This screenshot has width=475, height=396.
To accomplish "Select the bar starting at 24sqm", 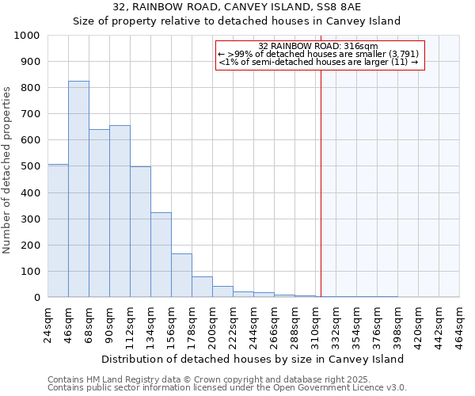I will tap(58, 230).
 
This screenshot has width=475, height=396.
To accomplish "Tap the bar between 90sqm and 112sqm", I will tap(120, 211).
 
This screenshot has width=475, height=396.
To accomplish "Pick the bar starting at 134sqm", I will tap(161, 254).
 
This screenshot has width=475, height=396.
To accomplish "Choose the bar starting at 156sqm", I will tap(181, 275).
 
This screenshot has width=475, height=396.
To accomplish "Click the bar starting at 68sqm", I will tap(99, 213).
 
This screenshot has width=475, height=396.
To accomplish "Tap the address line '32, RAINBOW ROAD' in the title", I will tap(237, 7).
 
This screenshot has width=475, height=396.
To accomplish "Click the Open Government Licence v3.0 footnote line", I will tap(227, 388).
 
